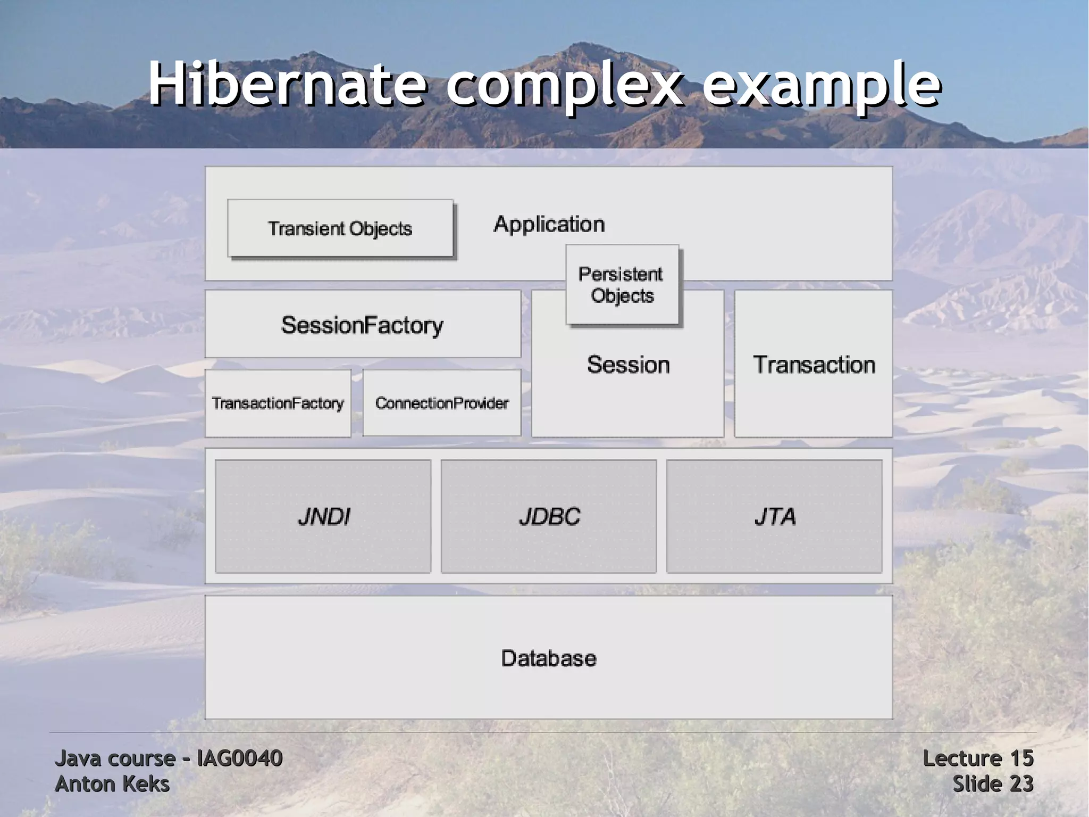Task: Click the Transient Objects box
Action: [x=340, y=228]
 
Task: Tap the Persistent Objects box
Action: [x=622, y=285]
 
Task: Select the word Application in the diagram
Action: [x=549, y=224]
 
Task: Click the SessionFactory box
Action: [x=363, y=324]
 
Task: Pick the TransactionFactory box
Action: [x=278, y=403]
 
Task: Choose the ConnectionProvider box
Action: [x=442, y=403]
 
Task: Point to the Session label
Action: [x=628, y=365]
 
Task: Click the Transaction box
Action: [x=814, y=364]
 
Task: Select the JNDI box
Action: [x=323, y=516]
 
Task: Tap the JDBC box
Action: [x=549, y=516]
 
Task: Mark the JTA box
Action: [x=775, y=516]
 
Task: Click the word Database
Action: [x=549, y=658]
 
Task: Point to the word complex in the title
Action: [x=564, y=85]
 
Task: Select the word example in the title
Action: [x=822, y=85]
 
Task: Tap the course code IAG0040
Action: [x=239, y=758]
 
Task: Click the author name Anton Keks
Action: [x=112, y=784]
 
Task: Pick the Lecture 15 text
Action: [x=977, y=758]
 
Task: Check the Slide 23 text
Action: [x=992, y=784]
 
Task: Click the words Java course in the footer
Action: [x=115, y=758]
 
